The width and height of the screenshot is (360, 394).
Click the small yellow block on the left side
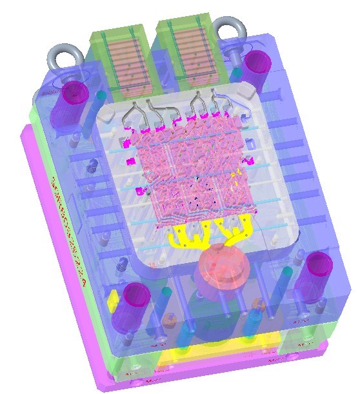click(x=112, y=299)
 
